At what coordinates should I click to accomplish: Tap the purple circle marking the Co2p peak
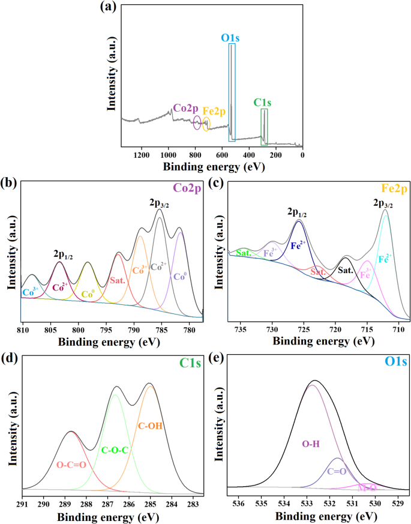tap(197, 124)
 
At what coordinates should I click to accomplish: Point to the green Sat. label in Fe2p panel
tap(244, 253)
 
